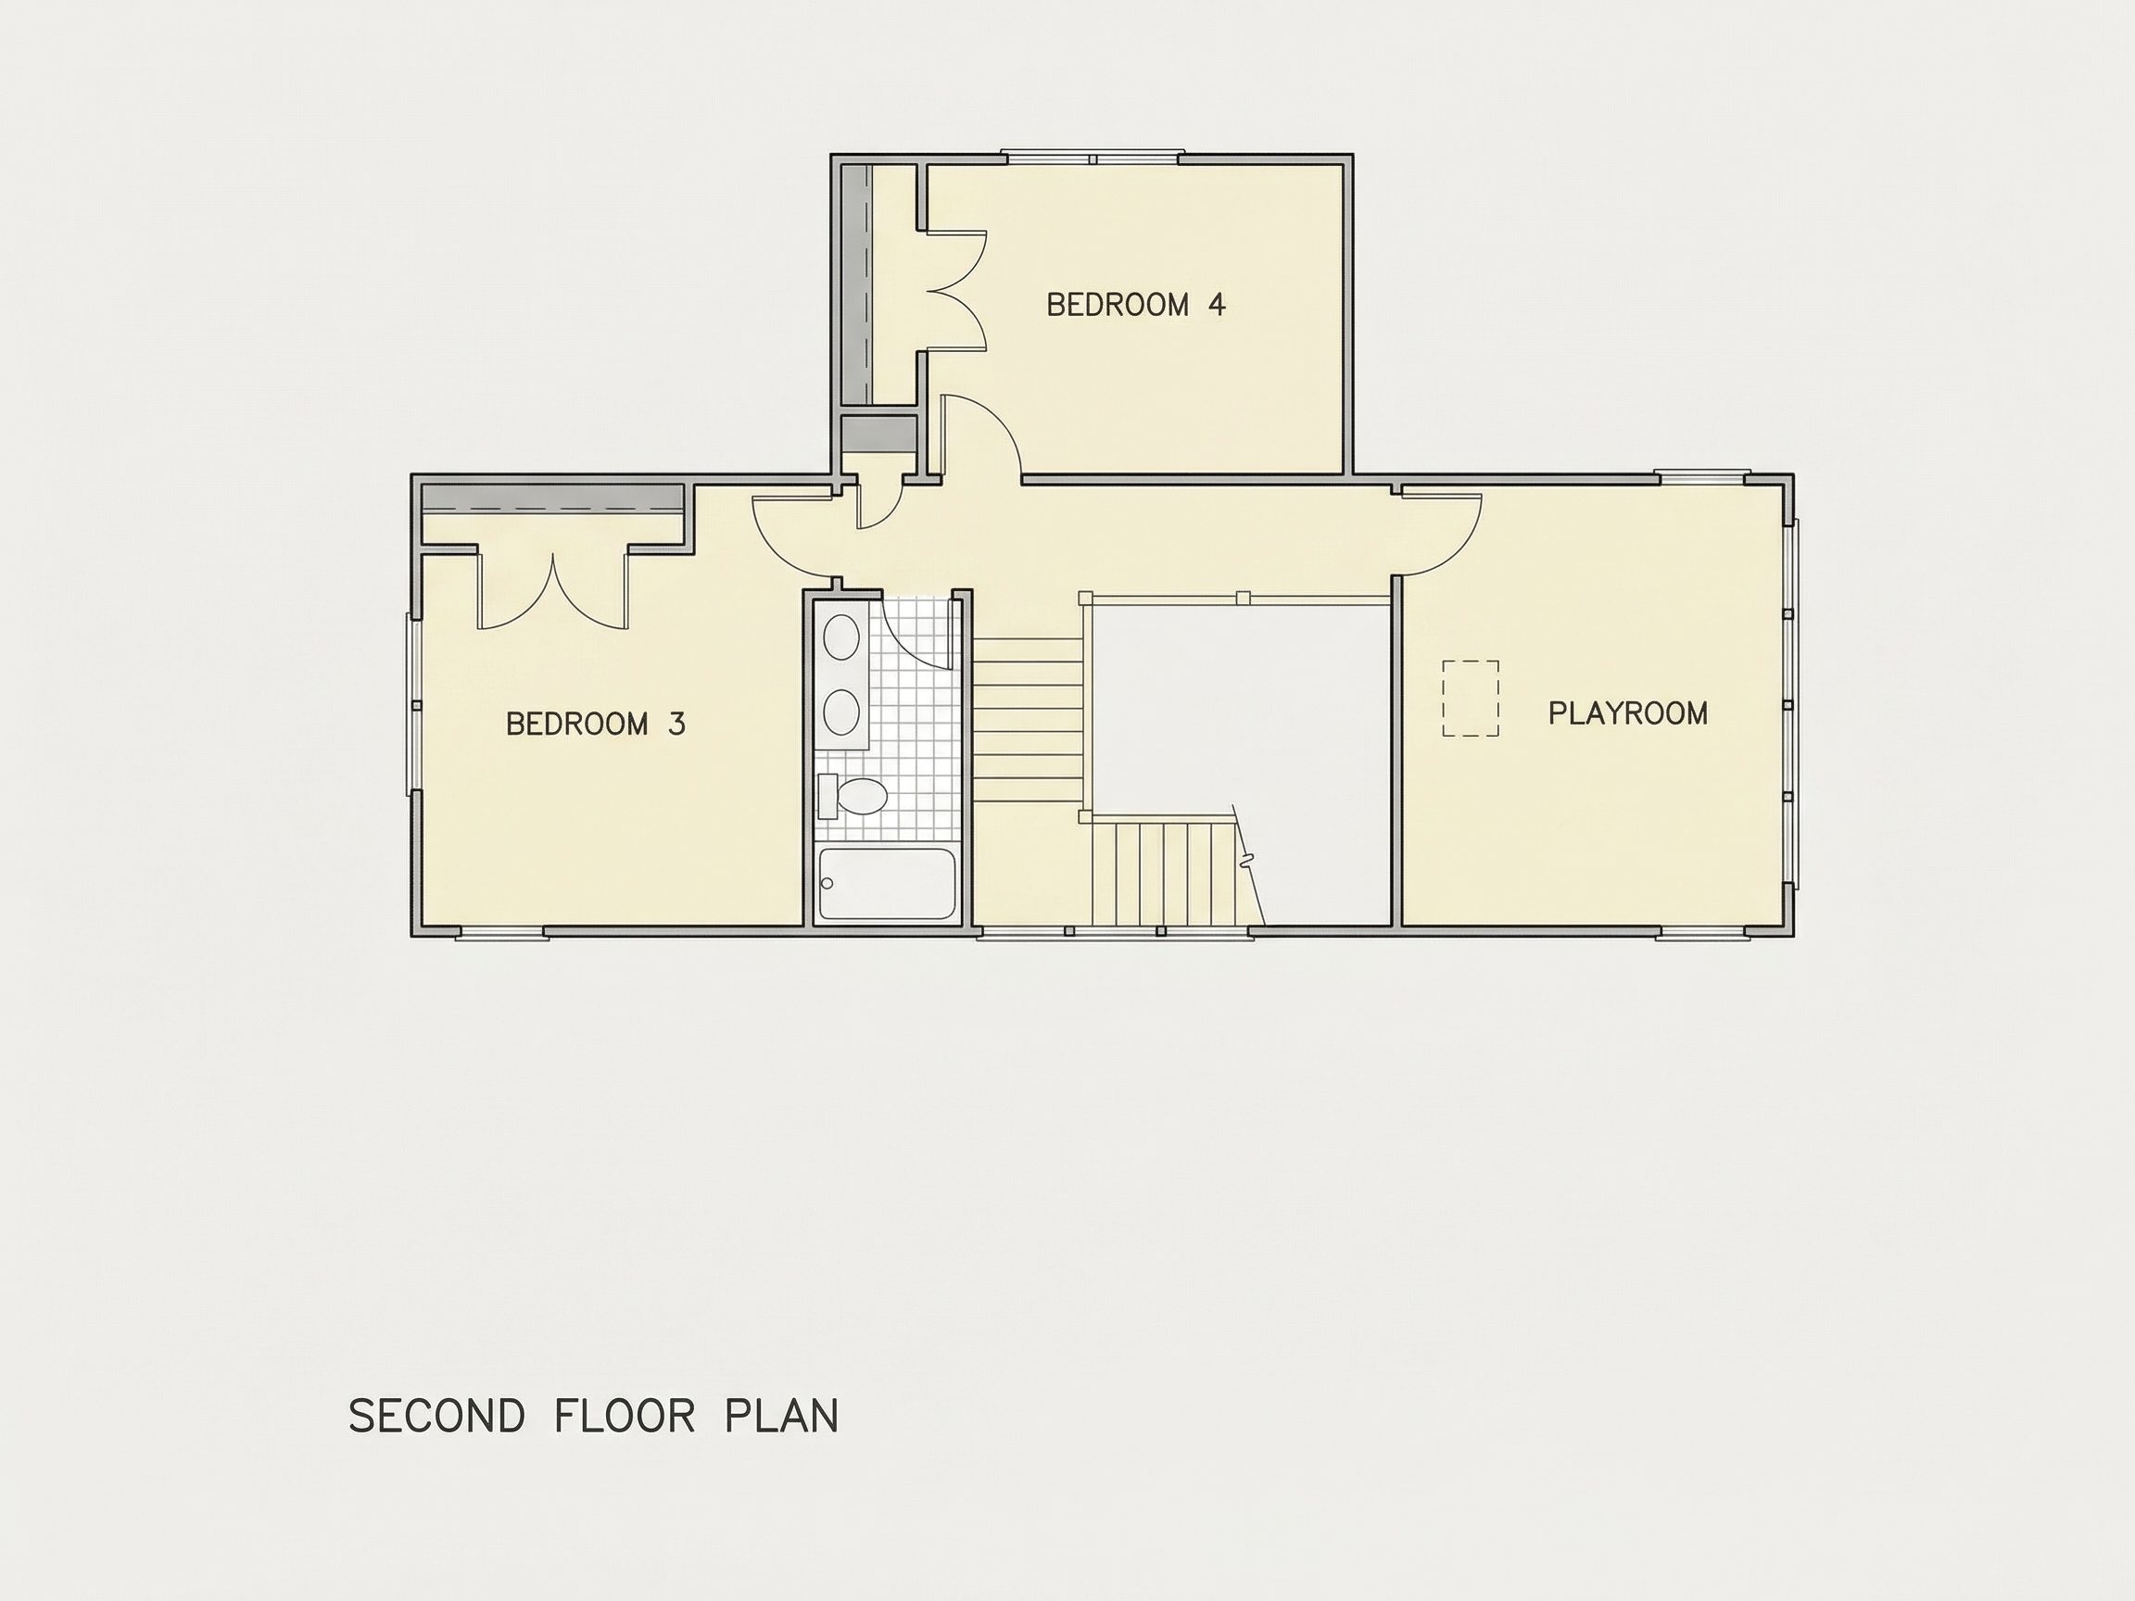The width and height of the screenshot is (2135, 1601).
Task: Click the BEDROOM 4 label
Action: [1136, 305]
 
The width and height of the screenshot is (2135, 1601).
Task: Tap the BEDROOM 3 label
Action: [596, 724]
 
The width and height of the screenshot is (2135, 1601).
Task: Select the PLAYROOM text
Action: [1628, 713]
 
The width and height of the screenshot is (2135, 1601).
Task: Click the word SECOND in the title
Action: [436, 1416]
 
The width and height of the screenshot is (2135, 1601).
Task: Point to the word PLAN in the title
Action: [782, 1416]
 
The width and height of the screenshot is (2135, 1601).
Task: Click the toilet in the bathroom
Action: [853, 796]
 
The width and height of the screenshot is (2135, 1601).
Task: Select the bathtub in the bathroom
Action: [887, 883]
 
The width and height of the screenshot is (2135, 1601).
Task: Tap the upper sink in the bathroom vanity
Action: [841, 637]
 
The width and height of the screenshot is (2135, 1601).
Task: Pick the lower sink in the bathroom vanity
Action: [841, 712]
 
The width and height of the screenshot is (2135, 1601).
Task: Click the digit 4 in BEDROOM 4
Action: [1217, 305]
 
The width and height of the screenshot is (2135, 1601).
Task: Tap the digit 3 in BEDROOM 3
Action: [676, 724]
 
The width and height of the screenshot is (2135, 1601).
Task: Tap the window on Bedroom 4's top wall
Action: [1092, 158]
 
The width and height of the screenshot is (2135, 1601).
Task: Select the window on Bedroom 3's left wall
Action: [415, 704]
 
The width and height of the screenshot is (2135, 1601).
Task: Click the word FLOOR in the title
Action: [625, 1416]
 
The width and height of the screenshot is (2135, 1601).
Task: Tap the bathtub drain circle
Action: [827, 883]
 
